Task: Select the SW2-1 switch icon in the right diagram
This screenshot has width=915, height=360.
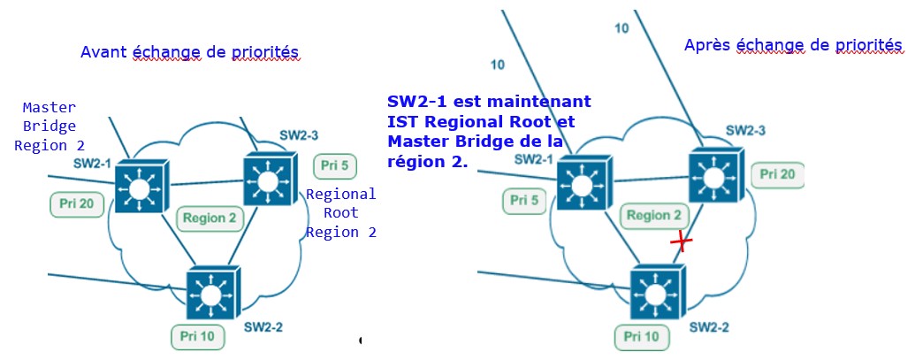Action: pos(581,187)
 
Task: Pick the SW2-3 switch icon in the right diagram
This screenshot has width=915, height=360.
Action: pos(713,180)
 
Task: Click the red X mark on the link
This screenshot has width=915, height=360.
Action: pos(680,241)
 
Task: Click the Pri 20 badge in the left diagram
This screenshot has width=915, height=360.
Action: pos(78,203)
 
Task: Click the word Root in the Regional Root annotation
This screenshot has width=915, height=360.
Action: pos(340,213)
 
